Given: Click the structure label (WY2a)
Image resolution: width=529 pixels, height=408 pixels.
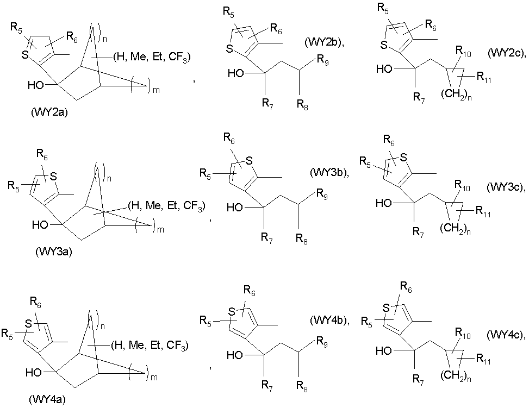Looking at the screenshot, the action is coord(49,112).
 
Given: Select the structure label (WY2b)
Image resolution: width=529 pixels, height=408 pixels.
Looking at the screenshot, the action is coord(324,42).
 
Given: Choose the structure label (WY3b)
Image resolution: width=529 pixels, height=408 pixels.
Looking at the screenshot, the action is coord(329,173).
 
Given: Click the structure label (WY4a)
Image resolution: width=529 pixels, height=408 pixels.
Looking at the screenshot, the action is coord(47,400).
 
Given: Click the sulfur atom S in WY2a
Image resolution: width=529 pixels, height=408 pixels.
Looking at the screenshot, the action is coord(26,55).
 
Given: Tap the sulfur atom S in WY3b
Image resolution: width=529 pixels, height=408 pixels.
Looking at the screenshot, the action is coord(249,161).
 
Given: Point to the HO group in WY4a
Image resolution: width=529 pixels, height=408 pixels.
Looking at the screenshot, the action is coord(34,372).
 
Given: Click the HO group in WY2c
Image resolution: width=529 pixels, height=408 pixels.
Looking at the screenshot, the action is coord(384,69).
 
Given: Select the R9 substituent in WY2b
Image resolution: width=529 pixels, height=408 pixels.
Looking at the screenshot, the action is coord(322,60).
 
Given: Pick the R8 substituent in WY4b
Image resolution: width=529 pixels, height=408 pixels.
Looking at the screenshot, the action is coord(302,386).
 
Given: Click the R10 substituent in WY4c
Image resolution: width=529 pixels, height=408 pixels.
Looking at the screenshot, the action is coord(463,333).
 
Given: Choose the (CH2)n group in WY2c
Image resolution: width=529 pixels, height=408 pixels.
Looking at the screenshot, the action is coord(456,96).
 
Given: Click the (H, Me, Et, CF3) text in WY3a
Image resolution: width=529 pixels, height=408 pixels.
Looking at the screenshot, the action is coord(166,206).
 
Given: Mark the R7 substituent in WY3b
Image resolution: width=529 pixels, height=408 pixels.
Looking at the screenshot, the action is coord(267,238).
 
